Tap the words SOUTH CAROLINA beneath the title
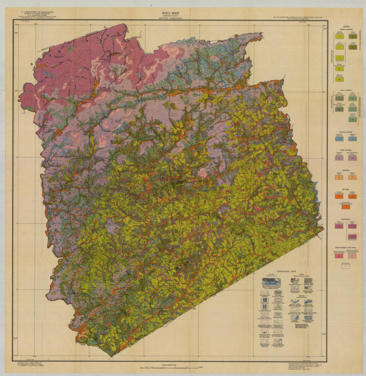click(170, 19)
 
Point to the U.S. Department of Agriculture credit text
click(36, 11)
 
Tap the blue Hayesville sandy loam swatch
click(339, 139)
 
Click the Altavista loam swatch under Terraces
click(339, 177)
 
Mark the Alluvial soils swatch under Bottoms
click(345, 207)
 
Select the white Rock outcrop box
click(345, 267)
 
